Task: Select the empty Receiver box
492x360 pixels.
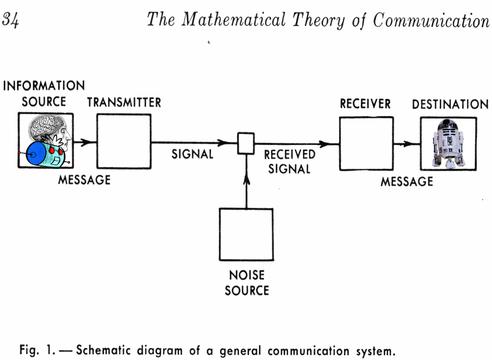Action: pyautogui.click(x=366, y=143)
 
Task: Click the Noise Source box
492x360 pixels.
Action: pyautogui.click(x=246, y=234)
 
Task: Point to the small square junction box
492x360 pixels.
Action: pyautogui.click(x=246, y=143)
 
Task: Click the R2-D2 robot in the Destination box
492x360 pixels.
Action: pyautogui.click(x=448, y=143)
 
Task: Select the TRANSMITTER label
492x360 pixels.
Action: pyautogui.click(x=124, y=103)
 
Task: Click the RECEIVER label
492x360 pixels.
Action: pyautogui.click(x=365, y=104)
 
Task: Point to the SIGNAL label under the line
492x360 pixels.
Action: pyautogui.click(x=193, y=154)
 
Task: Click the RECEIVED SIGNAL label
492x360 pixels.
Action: pyautogui.click(x=289, y=162)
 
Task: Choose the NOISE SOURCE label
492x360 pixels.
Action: pyautogui.click(x=247, y=283)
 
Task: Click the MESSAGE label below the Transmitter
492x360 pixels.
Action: pyautogui.click(x=84, y=180)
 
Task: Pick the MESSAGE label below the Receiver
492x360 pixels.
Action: pyautogui.click(x=407, y=182)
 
